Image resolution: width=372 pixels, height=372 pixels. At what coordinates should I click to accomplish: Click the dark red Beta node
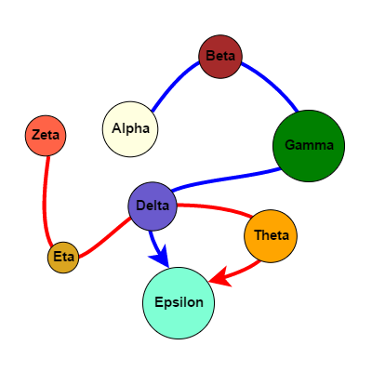pyautogui.click(x=220, y=57)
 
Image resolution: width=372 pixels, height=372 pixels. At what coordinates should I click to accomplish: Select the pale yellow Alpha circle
pyautogui.click(x=130, y=128)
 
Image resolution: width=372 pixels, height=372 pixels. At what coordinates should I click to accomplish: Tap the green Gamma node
pyautogui.click(x=309, y=146)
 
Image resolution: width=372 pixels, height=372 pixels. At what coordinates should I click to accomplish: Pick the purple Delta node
pyautogui.click(x=152, y=206)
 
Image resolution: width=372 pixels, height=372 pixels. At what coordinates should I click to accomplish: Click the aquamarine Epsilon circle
pyautogui.click(x=179, y=302)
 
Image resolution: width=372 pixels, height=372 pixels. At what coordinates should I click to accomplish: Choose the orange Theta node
pyautogui.click(x=271, y=235)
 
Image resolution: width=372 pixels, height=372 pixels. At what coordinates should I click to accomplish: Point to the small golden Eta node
pyautogui.click(x=63, y=257)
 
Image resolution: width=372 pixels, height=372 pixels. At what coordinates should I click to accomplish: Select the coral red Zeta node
pyautogui.click(x=46, y=136)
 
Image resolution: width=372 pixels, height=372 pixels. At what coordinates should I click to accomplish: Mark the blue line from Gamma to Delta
pyautogui.click(x=223, y=177)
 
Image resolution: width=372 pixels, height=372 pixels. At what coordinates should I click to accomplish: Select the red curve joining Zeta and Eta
pyautogui.click(x=43, y=200)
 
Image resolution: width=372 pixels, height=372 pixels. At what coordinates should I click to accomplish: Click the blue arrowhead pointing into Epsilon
pyautogui.click(x=161, y=256)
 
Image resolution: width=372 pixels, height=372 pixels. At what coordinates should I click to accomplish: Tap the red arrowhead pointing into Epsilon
pyautogui.click(x=219, y=277)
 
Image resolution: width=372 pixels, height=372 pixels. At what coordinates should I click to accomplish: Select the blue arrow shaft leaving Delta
pyautogui.click(x=153, y=238)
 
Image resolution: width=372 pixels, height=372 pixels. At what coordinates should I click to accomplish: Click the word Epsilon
pyautogui.click(x=179, y=302)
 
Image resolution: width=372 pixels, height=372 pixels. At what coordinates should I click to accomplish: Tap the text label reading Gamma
pyautogui.click(x=309, y=146)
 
